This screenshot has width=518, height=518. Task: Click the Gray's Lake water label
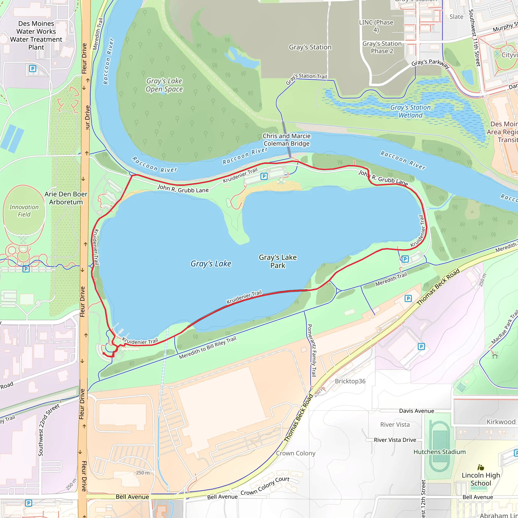pyautogui.click(x=211, y=264)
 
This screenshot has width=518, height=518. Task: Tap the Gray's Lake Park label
pyautogui.click(x=277, y=262)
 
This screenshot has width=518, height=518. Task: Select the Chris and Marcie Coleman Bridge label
pyautogui.click(x=286, y=140)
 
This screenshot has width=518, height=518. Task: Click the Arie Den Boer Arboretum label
pyautogui.click(x=66, y=198)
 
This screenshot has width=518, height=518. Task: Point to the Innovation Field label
pyautogui.click(x=24, y=211)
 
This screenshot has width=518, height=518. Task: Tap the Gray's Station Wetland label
pyautogui.click(x=410, y=111)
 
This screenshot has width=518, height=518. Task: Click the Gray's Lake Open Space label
pyautogui.click(x=164, y=85)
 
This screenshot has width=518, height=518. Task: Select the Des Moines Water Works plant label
pyautogui.click(x=36, y=35)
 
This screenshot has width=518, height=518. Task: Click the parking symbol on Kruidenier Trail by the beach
pyautogui.click(x=264, y=176)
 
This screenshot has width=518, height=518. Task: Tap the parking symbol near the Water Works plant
pyautogui.click(x=32, y=69)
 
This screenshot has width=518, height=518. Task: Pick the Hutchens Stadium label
pyautogui.click(x=439, y=452)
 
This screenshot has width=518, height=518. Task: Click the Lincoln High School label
pyautogui.click(x=481, y=479)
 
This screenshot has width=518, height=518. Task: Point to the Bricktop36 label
pyautogui.click(x=350, y=381)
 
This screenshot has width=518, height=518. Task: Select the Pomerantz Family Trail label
pyautogui.click(x=312, y=350)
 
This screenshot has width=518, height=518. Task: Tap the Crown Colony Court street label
pyautogui.click(x=265, y=486)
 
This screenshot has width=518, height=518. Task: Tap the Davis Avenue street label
pyautogui.click(x=416, y=411)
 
